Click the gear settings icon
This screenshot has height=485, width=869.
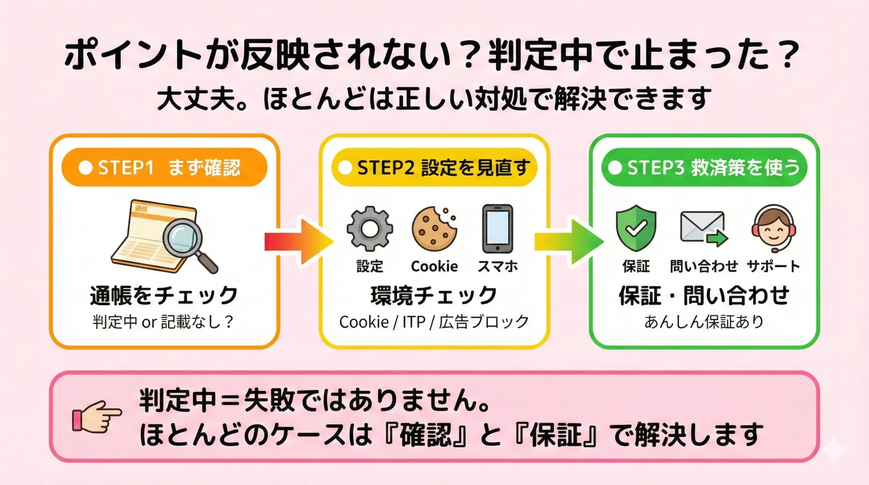coord(370,228)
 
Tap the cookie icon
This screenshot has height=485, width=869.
coord(434,228)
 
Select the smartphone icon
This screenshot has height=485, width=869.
coord(497,228)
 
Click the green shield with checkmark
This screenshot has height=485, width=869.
coord(636,228)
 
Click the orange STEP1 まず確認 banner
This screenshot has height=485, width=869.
coord(164,167)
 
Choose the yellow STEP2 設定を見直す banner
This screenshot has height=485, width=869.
coord(434,167)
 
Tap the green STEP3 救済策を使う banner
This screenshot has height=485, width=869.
coord(704,167)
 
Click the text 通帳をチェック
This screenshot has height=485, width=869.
coord(164,295)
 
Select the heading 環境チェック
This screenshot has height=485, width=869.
coord(434,295)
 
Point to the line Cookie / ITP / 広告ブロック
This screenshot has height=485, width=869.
coord(434,322)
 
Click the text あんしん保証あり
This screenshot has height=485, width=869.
coord(704,322)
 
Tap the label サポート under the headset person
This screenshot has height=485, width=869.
coord(774,266)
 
